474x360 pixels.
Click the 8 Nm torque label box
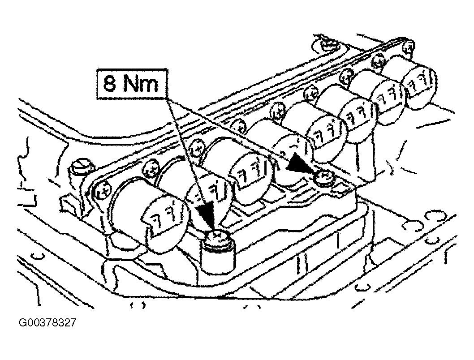click(132, 84)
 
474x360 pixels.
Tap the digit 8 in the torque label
click(109, 84)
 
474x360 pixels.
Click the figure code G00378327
click(47, 323)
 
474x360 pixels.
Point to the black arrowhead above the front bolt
click(207, 214)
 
